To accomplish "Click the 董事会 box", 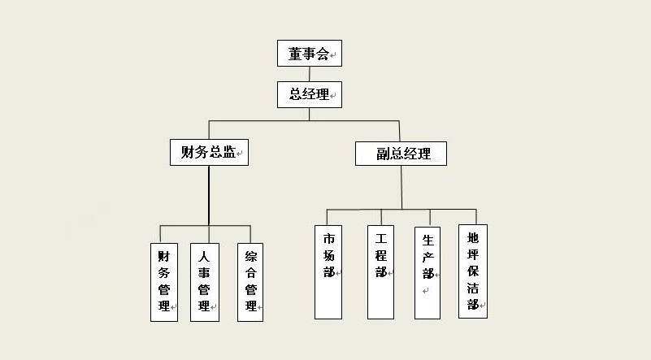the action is [x=310, y=53].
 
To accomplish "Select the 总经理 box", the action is [x=310, y=94].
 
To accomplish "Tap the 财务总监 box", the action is [x=209, y=153].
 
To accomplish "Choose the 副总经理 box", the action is [x=401, y=154].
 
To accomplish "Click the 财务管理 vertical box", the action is [x=164, y=282].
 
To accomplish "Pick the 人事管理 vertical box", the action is [x=205, y=282].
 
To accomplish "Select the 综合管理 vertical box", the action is [x=250, y=282].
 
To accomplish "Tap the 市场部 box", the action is [x=328, y=272].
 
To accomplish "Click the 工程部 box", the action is [x=380, y=272].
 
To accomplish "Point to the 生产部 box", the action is [x=427, y=273].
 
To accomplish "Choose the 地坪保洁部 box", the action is [x=473, y=271].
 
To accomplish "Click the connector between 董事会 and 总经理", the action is [x=310, y=74].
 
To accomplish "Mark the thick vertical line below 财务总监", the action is [x=209, y=196].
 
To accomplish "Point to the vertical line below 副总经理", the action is [x=401, y=187].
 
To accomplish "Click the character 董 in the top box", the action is [x=295, y=54].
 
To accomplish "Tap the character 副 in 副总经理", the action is [x=383, y=154].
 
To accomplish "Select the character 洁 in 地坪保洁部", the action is [x=472, y=288].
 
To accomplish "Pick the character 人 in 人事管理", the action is [x=204, y=257].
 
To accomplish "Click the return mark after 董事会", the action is [x=332, y=54].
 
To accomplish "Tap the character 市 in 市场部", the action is [x=329, y=239].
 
